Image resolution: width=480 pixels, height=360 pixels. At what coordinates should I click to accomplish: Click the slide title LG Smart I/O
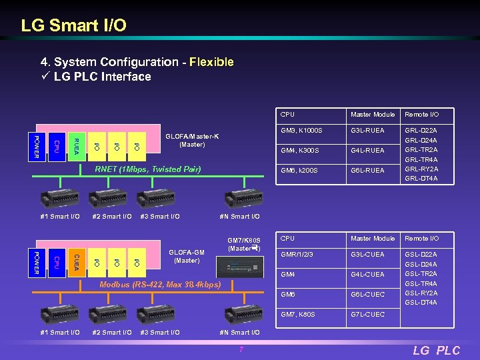coord(73,26)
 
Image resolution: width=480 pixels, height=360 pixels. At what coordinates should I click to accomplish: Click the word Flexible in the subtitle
coord(211,62)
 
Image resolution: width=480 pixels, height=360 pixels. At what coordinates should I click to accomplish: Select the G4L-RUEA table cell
coord(367,151)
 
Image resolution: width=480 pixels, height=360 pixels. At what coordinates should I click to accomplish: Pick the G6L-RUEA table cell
coord(367,171)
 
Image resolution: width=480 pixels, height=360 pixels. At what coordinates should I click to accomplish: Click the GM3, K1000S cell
coord(301,131)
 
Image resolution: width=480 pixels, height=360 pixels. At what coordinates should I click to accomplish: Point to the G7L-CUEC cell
coord(367,314)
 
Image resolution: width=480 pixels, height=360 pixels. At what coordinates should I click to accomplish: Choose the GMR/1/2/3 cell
coord(297,255)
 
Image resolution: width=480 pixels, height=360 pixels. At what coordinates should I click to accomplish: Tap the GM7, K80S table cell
coord(297,314)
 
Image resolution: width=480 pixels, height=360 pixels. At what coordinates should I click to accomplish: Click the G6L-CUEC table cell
coord(367,294)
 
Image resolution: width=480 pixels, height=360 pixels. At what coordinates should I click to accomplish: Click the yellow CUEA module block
coord(76,262)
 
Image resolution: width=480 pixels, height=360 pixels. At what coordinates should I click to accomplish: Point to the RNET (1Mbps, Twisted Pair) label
coord(147,169)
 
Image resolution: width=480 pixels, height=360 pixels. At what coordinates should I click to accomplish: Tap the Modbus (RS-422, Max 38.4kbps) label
coord(160,285)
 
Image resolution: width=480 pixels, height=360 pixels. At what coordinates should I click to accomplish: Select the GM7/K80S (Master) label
coord(243,245)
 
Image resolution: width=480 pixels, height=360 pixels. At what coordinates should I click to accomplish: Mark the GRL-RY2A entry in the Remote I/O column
coord(421,169)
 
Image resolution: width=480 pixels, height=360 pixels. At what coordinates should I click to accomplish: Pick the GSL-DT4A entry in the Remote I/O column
coord(421,303)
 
